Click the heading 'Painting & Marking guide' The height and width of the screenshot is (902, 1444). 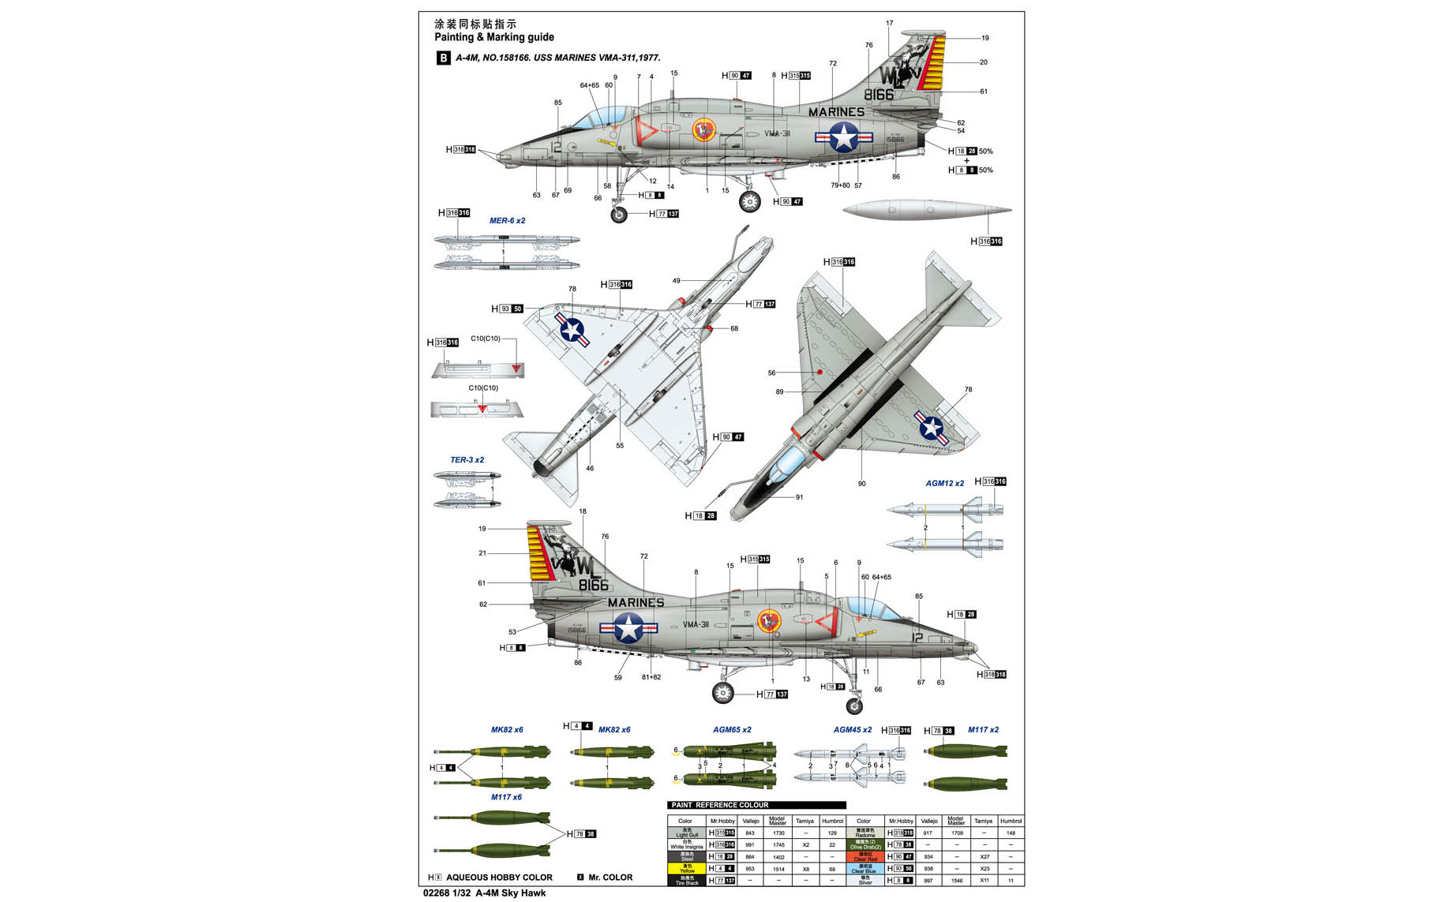click(494, 37)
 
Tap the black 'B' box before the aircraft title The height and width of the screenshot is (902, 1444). click(443, 58)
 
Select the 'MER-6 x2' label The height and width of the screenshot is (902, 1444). click(507, 221)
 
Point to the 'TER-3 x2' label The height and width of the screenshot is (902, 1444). click(467, 460)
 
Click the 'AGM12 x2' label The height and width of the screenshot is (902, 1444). click(945, 484)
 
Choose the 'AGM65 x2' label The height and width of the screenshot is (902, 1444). click(732, 730)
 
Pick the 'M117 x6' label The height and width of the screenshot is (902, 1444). click(506, 798)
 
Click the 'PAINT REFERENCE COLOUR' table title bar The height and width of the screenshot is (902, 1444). click(756, 805)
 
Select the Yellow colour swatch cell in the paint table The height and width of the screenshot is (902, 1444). click(687, 869)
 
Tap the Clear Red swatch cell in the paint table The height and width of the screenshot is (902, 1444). click(865, 857)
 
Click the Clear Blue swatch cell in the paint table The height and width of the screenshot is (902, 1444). click(865, 869)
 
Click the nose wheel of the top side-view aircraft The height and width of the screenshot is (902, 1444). click(619, 215)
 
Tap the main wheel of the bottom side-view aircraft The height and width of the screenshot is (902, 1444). click(722, 693)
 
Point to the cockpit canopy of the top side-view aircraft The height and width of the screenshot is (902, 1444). click(598, 119)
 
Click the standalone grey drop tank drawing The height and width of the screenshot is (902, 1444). click(926, 211)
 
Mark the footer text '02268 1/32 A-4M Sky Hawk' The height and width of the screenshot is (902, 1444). click(485, 893)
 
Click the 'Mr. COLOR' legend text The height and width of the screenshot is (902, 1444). click(610, 878)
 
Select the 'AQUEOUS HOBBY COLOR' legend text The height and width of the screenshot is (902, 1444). click(499, 878)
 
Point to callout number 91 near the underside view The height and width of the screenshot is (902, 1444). click(799, 497)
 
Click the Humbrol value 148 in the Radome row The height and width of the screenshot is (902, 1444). click(1011, 833)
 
